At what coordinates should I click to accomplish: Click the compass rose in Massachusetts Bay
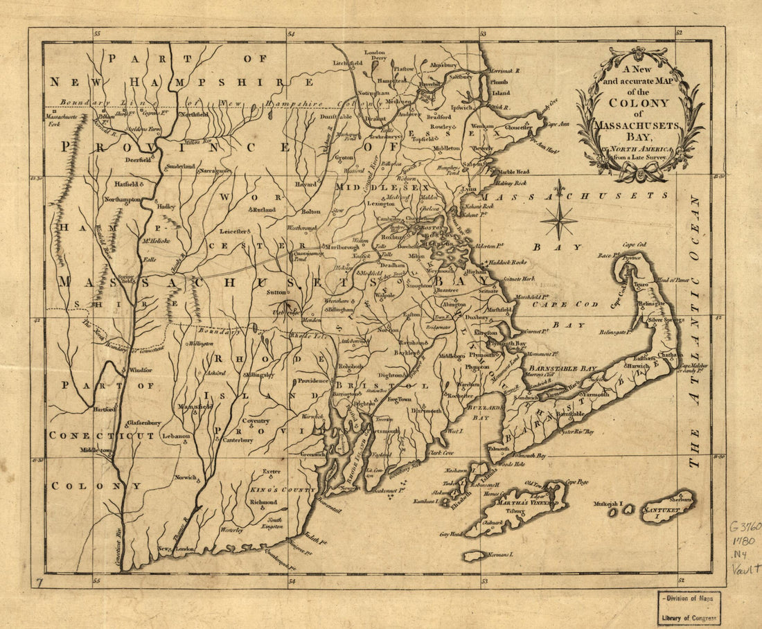(x=559, y=220)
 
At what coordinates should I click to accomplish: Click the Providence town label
(x=313, y=381)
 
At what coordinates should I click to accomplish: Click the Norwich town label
(x=185, y=477)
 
